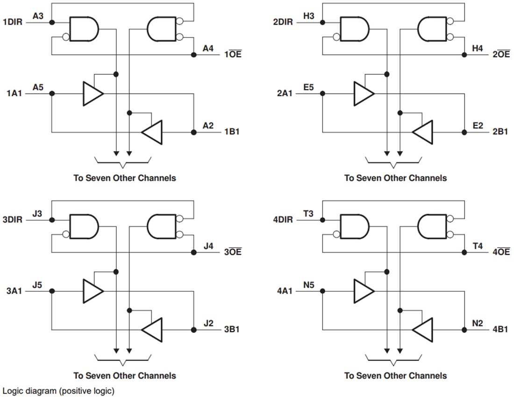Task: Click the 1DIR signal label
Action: (x=13, y=22)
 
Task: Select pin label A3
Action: (x=38, y=16)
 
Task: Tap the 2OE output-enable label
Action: (x=501, y=55)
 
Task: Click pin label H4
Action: (x=477, y=48)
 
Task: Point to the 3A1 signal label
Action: (x=12, y=291)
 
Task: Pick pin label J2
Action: (x=208, y=323)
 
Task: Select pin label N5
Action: (x=309, y=285)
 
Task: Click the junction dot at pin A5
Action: (x=52, y=94)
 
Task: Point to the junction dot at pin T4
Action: (x=464, y=253)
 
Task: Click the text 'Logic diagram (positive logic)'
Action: (x=58, y=390)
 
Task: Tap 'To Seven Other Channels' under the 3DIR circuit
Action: (x=124, y=375)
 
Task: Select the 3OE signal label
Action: (x=233, y=253)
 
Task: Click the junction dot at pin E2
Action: (x=464, y=132)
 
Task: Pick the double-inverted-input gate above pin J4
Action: (x=162, y=226)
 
